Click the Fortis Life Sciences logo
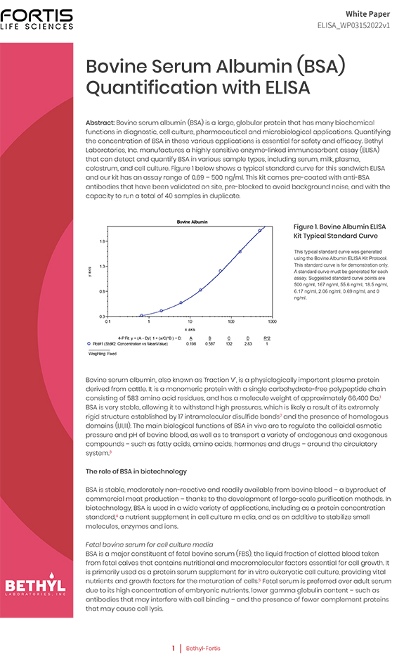point(37,19)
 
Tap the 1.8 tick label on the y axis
point(103,241)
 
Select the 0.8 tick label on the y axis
point(103,291)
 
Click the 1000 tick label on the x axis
point(271,321)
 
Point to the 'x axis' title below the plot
point(190,328)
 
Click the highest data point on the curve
point(260,230)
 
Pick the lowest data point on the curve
point(141,315)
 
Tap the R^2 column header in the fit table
point(266,338)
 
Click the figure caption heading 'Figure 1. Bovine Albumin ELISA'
point(339,227)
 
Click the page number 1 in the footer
point(174,648)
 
